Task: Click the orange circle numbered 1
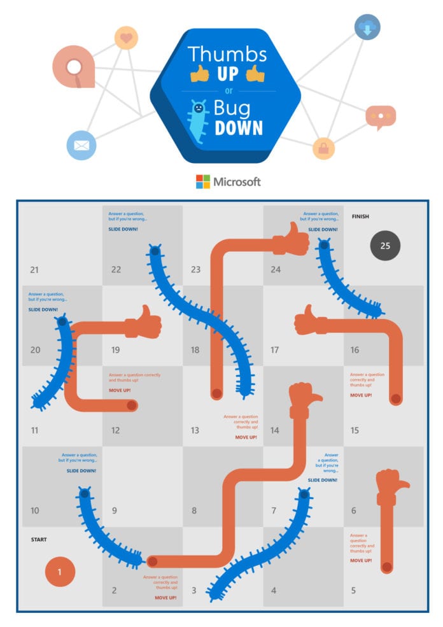click(60, 572)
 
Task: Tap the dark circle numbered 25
click(385, 244)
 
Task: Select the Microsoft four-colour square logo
click(202, 181)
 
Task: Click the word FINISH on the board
click(360, 216)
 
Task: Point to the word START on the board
click(39, 540)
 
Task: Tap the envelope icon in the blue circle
click(81, 145)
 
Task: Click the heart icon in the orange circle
click(126, 38)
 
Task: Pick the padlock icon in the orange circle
click(323, 148)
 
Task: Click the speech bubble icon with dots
click(381, 116)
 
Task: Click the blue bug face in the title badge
click(199, 109)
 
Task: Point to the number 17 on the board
click(275, 349)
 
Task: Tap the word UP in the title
click(227, 74)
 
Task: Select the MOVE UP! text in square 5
click(361, 560)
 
